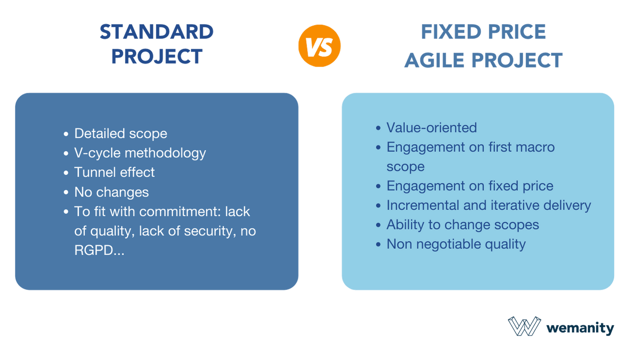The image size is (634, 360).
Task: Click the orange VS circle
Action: pos(319,46)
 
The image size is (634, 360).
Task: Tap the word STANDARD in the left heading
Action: pos(157,33)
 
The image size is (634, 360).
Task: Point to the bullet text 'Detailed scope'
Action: pos(120,133)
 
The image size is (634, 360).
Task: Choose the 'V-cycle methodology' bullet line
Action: pos(140,153)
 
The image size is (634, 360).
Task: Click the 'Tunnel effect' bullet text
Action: pos(114,172)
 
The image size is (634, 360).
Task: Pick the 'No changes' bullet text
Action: pos(112,192)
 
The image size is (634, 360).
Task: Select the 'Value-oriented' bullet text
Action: pos(432,128)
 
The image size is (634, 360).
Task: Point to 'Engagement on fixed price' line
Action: pos(470,186)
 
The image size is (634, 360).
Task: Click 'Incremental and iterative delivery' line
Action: pos(488,205)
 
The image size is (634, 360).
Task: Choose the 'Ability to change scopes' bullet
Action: pos(463,225)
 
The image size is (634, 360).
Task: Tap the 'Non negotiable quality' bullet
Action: pos(456,244)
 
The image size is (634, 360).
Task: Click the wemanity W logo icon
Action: pos(524,327)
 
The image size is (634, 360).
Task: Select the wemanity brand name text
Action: pos(580,328)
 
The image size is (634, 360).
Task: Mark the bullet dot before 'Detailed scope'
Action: pos(66,134)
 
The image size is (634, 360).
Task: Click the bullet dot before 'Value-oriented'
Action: pos(378,128)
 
